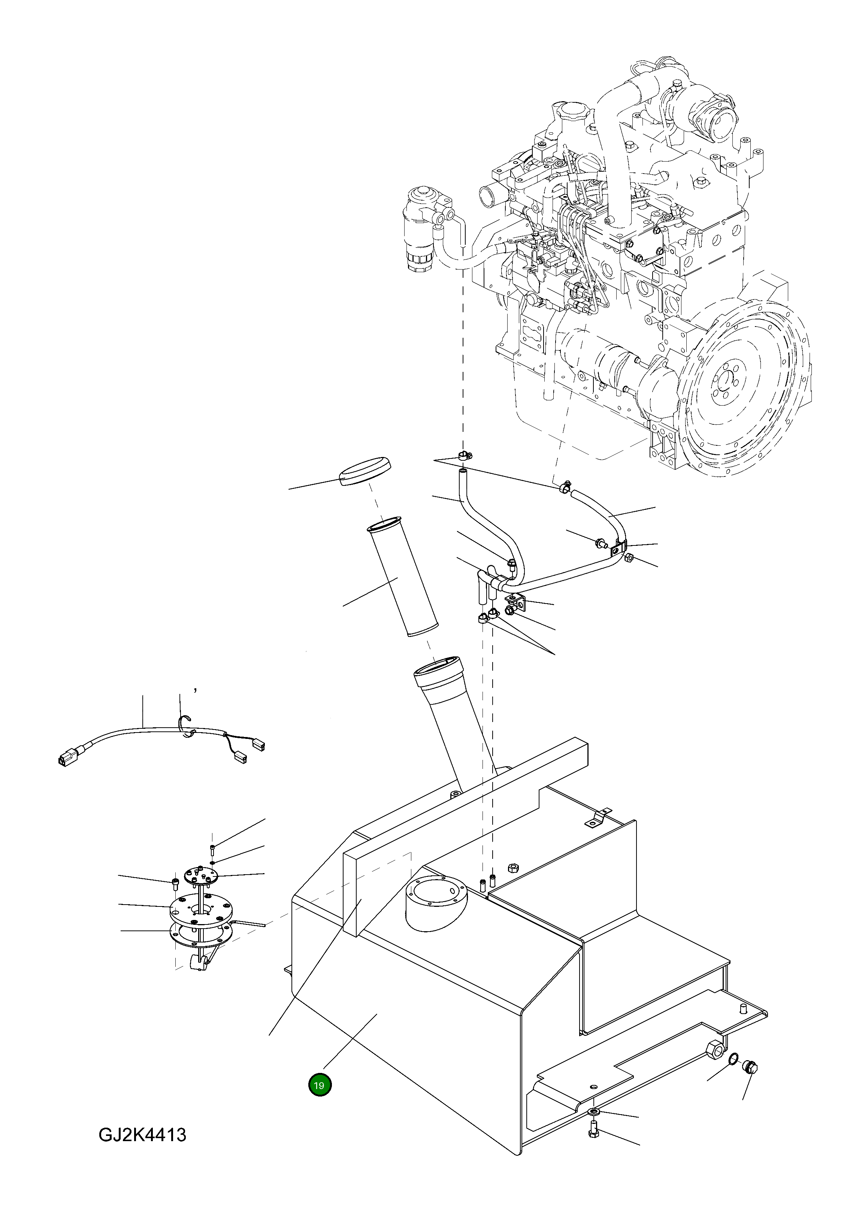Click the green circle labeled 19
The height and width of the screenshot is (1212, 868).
tap(320, 1085)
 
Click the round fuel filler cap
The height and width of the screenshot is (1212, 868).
tap(364, 470)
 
